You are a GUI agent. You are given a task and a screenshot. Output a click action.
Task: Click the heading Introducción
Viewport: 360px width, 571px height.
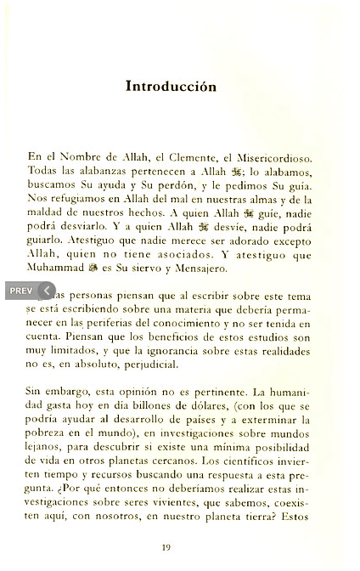(171, 87)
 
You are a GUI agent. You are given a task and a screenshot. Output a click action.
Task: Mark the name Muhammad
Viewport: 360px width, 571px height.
(56, 268)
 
